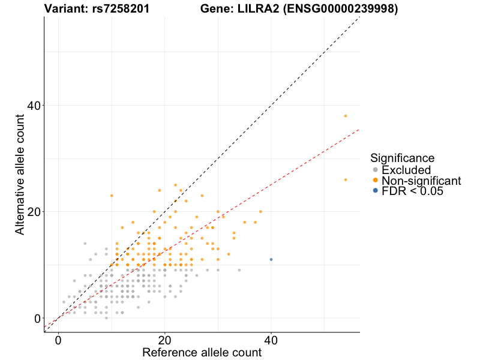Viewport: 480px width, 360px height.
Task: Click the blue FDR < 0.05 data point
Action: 271,259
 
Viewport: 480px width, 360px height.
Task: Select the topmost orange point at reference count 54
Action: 346,116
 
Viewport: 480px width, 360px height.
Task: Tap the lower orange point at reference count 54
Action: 346,179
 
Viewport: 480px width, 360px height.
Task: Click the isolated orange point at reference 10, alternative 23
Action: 112,196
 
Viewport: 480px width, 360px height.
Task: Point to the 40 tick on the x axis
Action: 271,332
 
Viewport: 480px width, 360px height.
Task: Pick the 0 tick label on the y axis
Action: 37,318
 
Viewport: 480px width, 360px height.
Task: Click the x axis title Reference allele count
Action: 202,352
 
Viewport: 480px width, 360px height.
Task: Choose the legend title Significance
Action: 402,158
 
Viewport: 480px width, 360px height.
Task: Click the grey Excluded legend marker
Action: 375,170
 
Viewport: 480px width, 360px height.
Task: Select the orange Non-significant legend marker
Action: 375,181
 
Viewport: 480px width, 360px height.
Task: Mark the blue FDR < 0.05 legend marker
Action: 375,191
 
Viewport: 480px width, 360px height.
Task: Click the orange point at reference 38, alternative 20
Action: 260,212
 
